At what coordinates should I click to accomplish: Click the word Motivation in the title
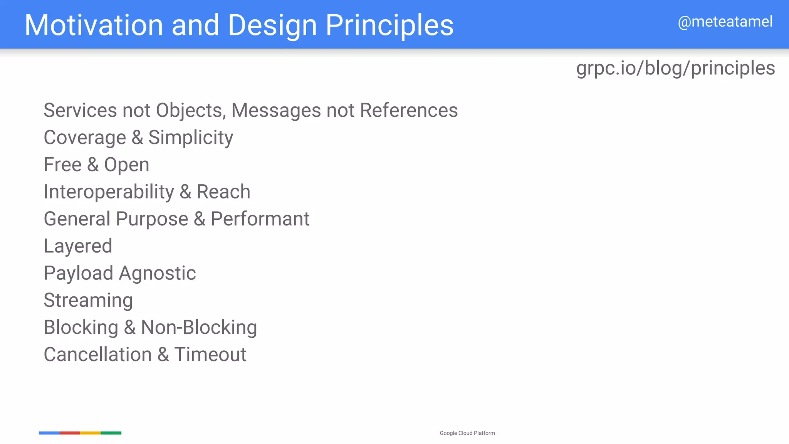[94, 25]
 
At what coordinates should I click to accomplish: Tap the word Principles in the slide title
[389, 25]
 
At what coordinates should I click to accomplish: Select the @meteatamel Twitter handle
[725, 22]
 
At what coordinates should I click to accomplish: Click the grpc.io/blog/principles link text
[675, 68]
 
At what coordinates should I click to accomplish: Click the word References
[409, 111]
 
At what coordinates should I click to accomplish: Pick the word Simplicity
[191, 138]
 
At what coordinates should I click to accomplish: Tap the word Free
[62, 165]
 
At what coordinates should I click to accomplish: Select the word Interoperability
[109, 192]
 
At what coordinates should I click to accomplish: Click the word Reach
[223, 192]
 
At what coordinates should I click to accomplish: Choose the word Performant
[260, 219]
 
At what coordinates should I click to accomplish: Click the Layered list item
[78, 246]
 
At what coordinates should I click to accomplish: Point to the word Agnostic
[157, 273]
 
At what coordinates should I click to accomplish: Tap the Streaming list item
[88, 300]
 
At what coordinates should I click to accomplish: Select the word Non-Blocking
[199, 327]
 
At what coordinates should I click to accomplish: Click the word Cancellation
[98, 355]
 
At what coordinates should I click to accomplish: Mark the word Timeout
[210, 355]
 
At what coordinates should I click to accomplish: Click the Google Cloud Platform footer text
[467, 433]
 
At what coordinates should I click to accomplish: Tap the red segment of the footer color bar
[70, 433]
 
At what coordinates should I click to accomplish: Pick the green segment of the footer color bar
[111, 433]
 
